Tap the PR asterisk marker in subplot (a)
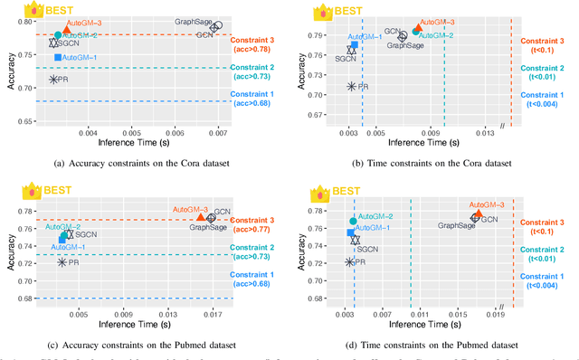click(53, 80)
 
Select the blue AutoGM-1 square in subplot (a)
click(57, 57)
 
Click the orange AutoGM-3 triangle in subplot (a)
click(66, 30)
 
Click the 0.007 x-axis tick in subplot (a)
click(218, 133)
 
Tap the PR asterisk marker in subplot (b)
click(352, 86)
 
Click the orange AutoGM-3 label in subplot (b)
click(437, 21)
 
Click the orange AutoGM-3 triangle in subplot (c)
click(201, 217)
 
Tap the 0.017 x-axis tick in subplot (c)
click(212, 315)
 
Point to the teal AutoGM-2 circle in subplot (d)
click(353, 221)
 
